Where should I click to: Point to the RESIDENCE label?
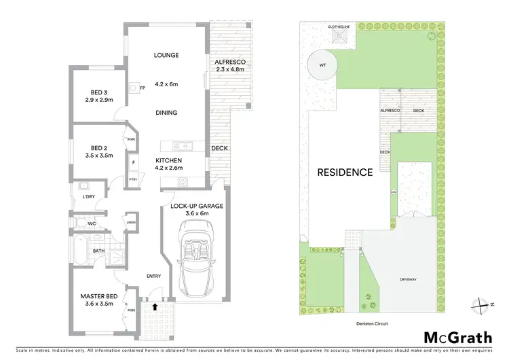(x=345, y=172)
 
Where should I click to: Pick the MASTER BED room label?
(x=100, y=295)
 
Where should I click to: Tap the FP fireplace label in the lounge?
(x=143, y=88)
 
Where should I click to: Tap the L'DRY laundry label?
(x=88, y=197)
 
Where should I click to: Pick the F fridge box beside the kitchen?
(x=133, y=163)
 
